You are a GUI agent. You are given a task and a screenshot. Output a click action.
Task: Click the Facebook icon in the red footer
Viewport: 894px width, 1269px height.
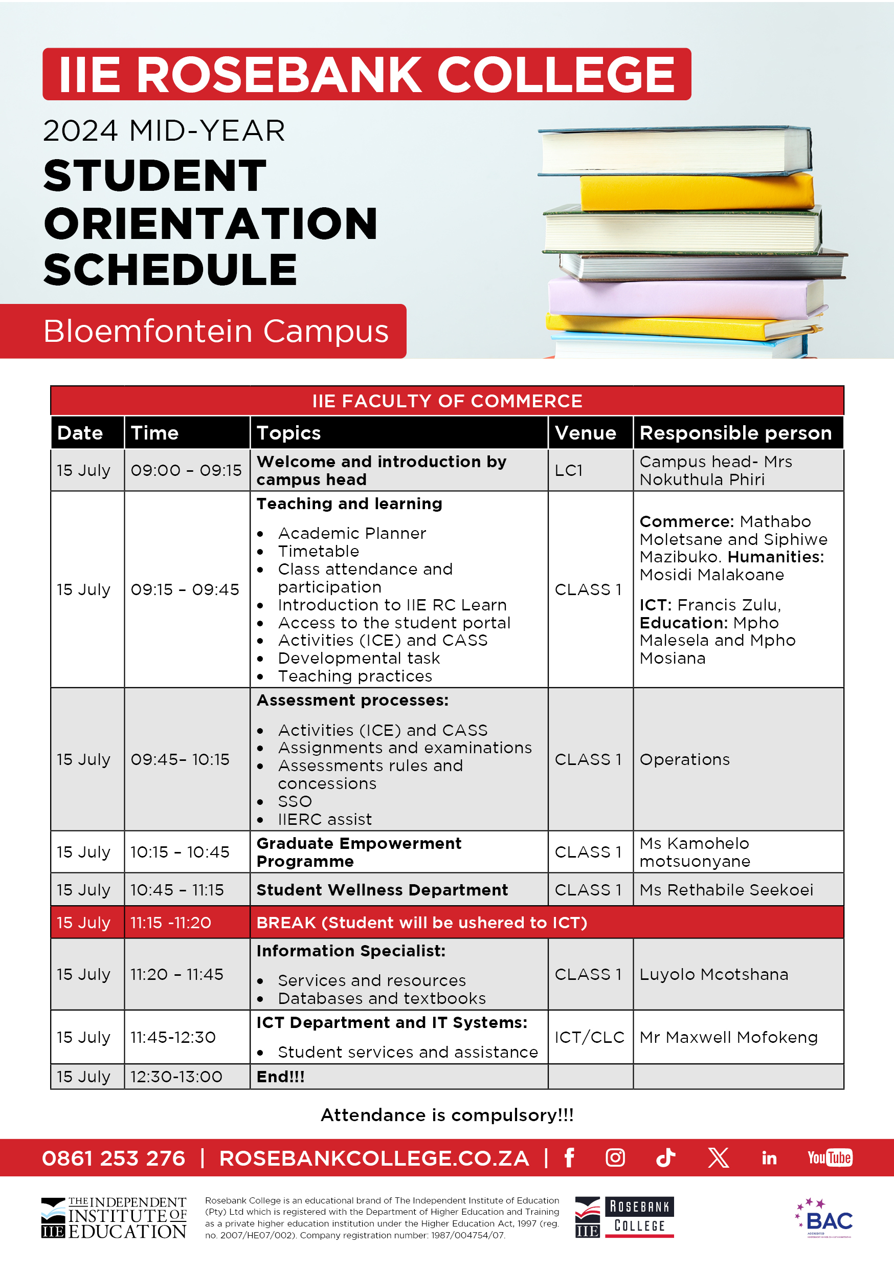tap(569, 1157)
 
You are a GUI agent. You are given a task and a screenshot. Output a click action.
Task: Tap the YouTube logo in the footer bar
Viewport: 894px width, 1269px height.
tap(830, 1157)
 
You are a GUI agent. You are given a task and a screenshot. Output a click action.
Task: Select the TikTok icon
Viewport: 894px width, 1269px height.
tap(666, 1157)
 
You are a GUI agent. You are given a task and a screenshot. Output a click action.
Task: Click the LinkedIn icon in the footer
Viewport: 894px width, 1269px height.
tap(769, 1158)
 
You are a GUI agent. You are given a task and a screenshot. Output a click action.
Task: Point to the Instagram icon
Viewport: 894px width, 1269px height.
tap(615, 1157)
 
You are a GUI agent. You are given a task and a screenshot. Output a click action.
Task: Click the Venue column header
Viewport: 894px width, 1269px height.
tap(585, 433)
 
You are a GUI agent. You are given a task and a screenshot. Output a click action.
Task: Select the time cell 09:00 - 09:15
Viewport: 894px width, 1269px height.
tap(186, 470)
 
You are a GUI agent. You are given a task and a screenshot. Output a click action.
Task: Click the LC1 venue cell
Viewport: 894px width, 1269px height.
tap(569, 470)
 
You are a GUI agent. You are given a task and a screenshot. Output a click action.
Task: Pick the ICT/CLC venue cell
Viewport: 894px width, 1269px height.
tap(590, 1037)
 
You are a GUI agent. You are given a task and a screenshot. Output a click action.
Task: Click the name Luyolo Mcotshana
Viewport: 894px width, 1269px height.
tap(713, 974)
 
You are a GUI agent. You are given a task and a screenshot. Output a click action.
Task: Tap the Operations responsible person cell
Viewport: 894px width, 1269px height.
tap(685, 759)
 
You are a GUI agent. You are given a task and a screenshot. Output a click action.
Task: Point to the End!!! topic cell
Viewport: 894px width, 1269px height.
tap(281, 1077)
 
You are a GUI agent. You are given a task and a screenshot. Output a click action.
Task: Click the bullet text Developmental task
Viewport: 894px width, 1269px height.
tap(359, 658)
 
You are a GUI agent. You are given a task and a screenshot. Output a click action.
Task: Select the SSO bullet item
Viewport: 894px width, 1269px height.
tap(295, 801)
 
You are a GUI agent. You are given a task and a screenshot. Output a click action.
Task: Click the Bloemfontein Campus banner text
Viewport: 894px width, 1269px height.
tap(215, 331)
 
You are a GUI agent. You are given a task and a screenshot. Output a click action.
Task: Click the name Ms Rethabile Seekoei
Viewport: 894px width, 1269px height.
tap(726, 890)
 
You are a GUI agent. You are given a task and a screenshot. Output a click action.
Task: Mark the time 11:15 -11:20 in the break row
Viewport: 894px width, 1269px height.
tap(171, 923)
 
